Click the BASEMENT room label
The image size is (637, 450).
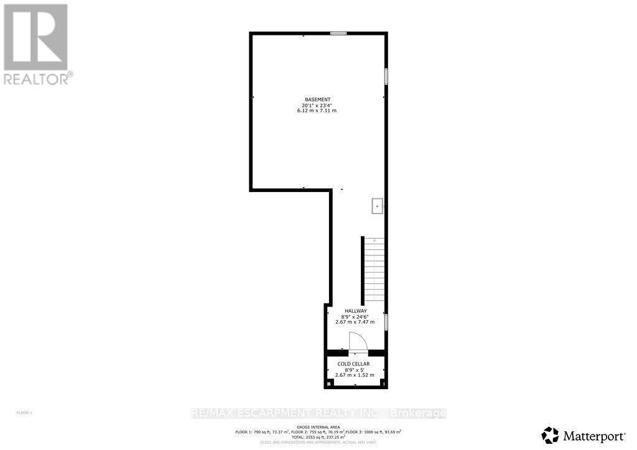[317, 99]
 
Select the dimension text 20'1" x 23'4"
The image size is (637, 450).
[317, 105]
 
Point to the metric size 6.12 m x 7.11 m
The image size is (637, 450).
[317, 111]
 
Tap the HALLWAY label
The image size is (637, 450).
[356, 311]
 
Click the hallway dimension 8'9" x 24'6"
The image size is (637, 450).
[356, 316]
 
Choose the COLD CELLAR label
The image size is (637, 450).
[353, 364]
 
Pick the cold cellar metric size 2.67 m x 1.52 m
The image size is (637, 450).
[353, 375]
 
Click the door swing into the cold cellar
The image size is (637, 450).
[357, 341]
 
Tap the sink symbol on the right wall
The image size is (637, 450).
[377, 206]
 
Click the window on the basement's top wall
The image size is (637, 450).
[338, 34]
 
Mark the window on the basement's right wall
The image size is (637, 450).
[386, 76]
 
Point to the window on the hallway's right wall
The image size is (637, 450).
[386, 322]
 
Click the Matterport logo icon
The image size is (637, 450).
[550, 433]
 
